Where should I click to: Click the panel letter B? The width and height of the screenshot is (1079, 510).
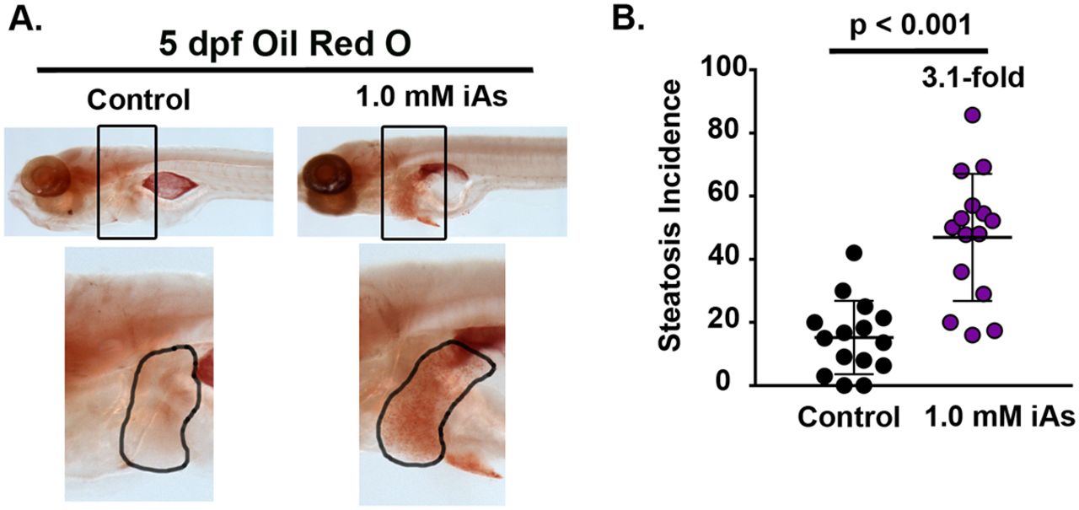click(x=628, y=18)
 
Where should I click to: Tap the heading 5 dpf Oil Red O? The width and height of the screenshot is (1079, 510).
click(x=285, y=45)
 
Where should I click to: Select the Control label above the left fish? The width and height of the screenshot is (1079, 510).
click(x=139, y=100)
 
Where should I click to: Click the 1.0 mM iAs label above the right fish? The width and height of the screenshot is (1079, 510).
click(x=432, y=97)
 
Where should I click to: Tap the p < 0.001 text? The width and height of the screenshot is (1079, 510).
click(x=910, y=25)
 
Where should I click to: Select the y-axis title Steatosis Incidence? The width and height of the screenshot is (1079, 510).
click(x=669, y=216)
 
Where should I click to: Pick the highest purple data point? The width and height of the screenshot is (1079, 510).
click(x=973, y=115)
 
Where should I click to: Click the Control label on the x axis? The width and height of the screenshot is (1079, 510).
click(x=849, y=417)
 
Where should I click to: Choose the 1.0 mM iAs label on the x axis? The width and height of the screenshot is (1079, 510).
click(x=1000, y=417)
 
